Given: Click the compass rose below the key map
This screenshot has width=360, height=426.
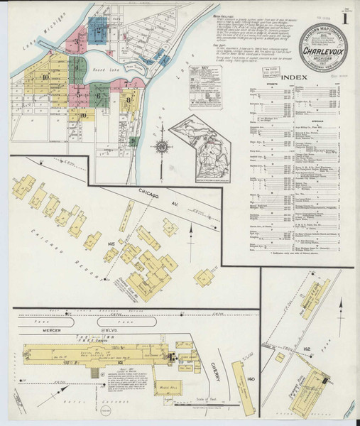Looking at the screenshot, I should coord(161,147).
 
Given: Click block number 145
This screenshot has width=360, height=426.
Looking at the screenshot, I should coord(111,244).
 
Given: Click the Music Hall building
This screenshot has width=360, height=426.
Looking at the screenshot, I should coord(168,388).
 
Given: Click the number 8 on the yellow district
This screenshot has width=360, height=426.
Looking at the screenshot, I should coord(129,100).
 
